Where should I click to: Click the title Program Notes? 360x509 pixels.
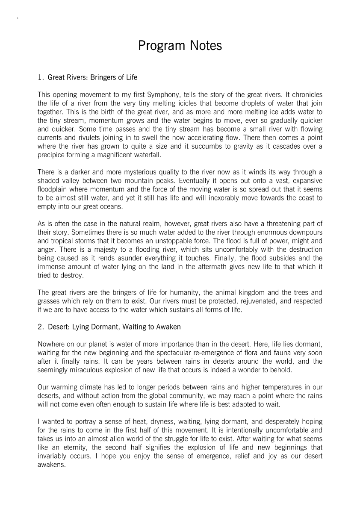(180, 46)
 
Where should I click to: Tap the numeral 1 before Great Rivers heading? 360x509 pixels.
(40, 77)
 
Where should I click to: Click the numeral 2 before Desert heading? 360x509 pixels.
(40, 327)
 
